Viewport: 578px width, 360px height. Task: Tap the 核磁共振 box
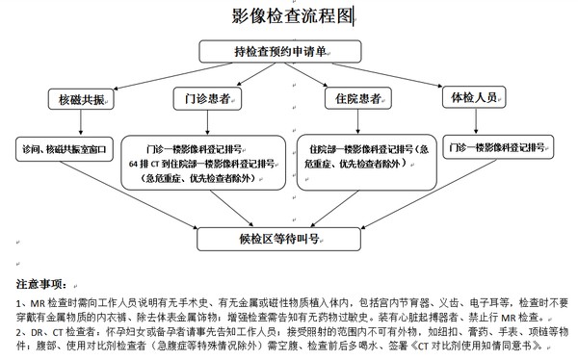pos(82,99)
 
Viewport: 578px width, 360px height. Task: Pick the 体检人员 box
pos(472,98)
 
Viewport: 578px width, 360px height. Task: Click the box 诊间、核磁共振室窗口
pos(66,151)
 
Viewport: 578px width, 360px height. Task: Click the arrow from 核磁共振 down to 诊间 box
pos(72,123)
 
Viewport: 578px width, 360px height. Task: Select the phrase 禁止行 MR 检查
pos(510,317)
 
